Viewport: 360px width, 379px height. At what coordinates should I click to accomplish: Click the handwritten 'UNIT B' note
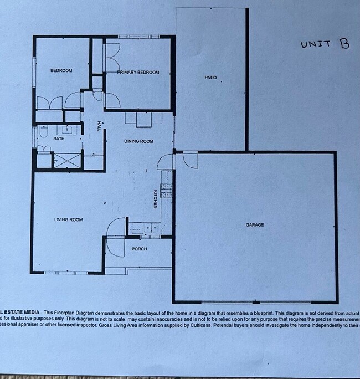[325, 44]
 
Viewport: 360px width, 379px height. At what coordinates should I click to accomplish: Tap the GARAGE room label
[255, 224]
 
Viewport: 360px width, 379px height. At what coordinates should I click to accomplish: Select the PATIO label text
[210, 77]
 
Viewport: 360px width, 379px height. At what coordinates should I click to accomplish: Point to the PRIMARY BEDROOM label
[138, 73]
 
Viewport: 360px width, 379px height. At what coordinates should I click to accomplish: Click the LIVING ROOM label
[68, 219]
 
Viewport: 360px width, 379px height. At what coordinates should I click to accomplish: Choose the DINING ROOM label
[138, 141]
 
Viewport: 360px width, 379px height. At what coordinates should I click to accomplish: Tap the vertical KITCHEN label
[156, 199]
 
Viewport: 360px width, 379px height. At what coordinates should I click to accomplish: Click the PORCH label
[139, 249]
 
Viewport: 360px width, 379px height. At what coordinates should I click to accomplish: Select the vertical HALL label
[99, 126]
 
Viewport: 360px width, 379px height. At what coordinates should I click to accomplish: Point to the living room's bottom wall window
[65, 273]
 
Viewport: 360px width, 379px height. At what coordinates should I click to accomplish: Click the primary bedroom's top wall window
[138, 37]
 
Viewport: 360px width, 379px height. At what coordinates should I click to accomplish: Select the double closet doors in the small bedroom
[49, 103]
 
